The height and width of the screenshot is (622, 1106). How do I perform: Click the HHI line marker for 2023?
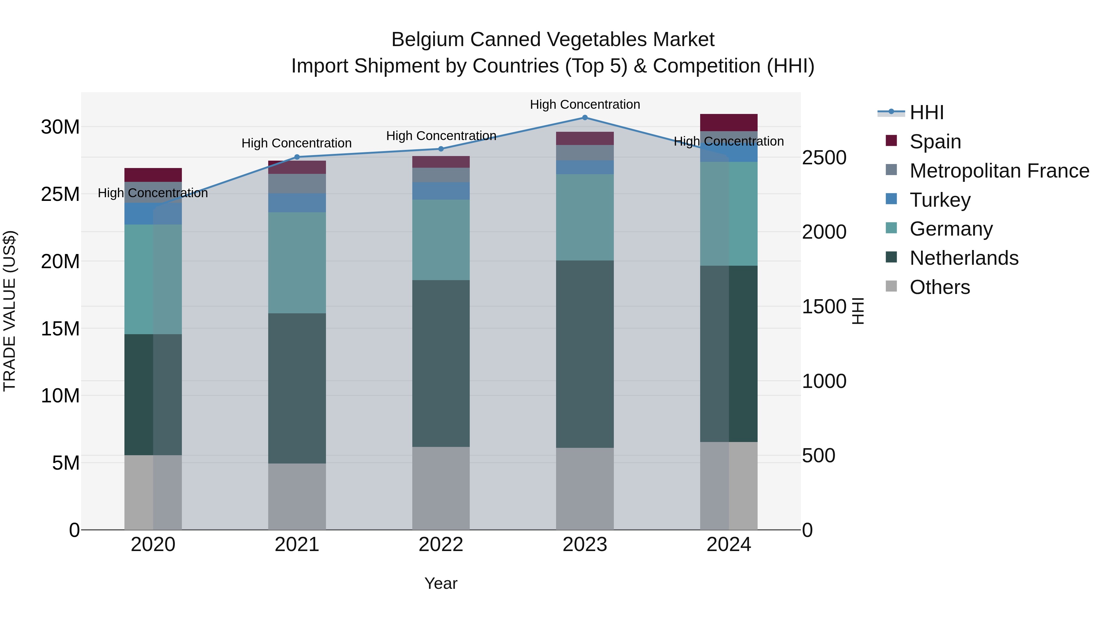click(x=585, y=118)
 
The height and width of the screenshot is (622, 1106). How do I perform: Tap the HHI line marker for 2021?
click(x=297, y=157)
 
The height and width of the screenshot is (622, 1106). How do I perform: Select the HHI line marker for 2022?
click(x=441, y=149)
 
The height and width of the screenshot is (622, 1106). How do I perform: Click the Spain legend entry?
click(x=935, y=142)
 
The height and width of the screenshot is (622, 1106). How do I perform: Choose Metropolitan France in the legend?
click(x=999, y=171)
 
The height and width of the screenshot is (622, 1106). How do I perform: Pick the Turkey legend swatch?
click(x=891, y=199)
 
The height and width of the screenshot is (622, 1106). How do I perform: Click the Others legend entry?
click(x=939, y=287)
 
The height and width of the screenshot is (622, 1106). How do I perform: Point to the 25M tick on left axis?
click(x=60, y=194)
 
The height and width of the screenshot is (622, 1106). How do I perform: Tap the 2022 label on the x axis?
click(x=441, y=545)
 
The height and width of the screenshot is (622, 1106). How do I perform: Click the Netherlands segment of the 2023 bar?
click(x=585, y=354)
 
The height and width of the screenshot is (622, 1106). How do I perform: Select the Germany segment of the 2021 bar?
click(x=297, y=263)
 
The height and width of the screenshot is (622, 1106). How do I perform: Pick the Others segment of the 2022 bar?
click(x=441, y=488)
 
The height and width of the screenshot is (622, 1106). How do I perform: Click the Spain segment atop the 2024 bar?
click(x=729, y=122)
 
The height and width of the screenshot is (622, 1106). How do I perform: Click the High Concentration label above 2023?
click(x=585, y=104)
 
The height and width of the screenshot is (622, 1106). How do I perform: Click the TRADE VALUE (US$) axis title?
click(x=10, y=311)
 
